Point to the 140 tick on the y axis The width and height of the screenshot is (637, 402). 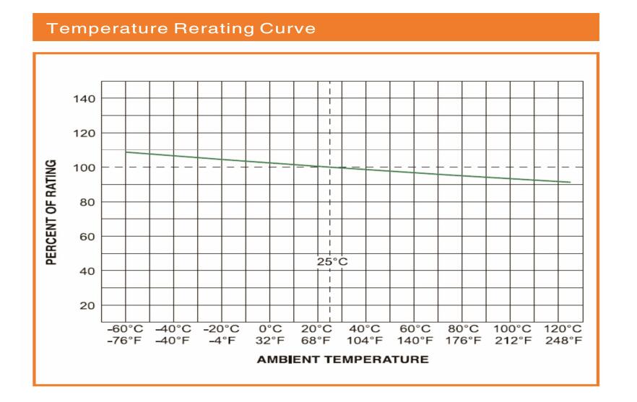pos(86,99)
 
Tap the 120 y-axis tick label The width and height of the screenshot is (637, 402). pos(86,134)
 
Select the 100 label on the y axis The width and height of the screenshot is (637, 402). pos(86,167)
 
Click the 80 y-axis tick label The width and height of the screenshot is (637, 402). pos(89,202)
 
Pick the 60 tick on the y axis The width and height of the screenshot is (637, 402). pos(89,237)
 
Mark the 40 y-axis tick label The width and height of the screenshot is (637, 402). pos(89,271)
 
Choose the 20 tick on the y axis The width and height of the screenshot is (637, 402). pos(89,306)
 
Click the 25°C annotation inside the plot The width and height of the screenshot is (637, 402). pos(331,261)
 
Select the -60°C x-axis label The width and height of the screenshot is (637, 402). pos(125,328)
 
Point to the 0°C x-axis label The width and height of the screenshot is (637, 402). pos(270,328)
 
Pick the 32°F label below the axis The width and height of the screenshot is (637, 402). pos(270,340)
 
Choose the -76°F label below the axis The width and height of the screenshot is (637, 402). pos(125,340)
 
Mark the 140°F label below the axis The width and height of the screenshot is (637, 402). pos(415,340)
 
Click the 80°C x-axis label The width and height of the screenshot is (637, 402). pos(462,328)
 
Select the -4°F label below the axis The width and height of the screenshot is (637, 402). pos(222,340)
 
